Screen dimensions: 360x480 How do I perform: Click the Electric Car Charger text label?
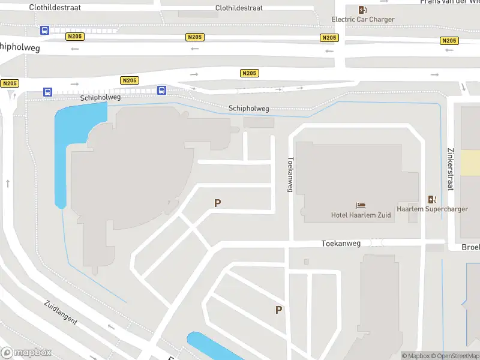(363, 19)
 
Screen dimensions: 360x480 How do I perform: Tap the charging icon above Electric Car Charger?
(362, 9)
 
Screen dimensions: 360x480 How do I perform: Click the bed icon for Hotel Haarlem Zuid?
(361, 205)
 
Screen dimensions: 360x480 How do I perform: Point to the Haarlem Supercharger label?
(432, 209)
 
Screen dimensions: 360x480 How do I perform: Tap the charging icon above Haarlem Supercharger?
(432, 199)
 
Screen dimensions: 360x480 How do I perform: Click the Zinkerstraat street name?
(449, 169)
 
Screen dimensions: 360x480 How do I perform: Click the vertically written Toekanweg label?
(290, 175)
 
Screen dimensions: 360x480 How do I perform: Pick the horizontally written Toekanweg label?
(341, 244)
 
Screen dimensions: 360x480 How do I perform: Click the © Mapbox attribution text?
(415, 356)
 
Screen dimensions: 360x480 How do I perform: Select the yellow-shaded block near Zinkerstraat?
(470, 163)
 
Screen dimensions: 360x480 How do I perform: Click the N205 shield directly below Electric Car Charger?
(329, 38)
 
